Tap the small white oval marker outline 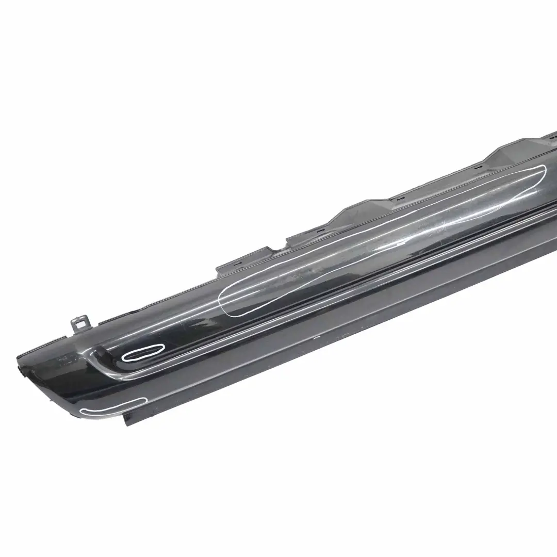(141, 353)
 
